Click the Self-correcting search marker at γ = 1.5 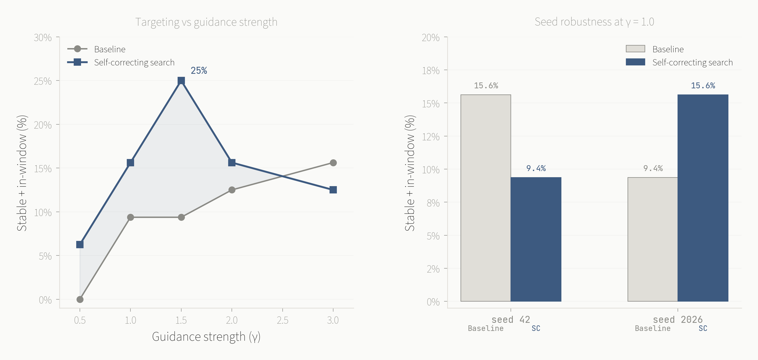(181, 81)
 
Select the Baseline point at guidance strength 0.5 (80, 299)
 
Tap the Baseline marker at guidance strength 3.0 (333, 163)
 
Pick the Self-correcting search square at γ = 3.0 (333, 190)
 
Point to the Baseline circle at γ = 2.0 (232, 190)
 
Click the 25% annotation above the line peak (199, 71)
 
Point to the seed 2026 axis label (678, 319)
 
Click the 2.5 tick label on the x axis (282, 320)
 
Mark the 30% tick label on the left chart (43, 38)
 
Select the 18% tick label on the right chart (431, 71)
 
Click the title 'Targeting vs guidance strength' (206, 22)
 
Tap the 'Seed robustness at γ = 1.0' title (594, 22)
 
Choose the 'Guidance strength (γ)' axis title (206, 337)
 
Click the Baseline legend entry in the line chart (109, 49)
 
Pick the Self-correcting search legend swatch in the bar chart (635, 62)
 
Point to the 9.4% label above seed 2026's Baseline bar (653, 168)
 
